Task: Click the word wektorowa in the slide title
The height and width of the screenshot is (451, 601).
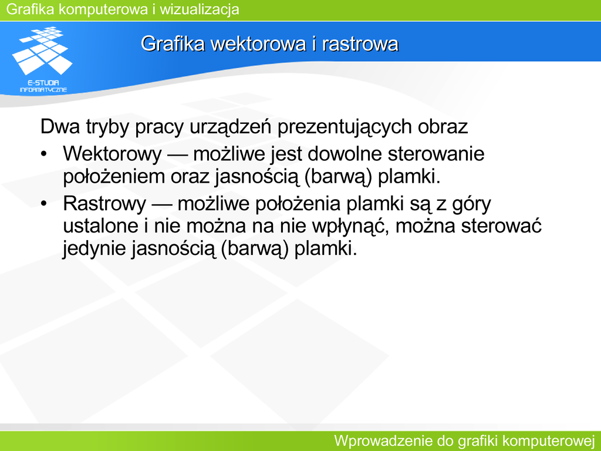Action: tap(259, 43)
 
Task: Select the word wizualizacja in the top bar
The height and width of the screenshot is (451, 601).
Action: tap(200, 9)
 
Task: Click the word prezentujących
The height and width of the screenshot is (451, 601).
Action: tap(344, 127)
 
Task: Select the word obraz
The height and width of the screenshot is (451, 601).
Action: tap(443, 126)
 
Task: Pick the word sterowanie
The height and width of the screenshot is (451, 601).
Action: tap(436, 153)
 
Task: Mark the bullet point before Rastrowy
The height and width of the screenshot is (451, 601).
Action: tap(43, 204)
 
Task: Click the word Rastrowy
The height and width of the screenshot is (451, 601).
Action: tap(104, 204)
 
